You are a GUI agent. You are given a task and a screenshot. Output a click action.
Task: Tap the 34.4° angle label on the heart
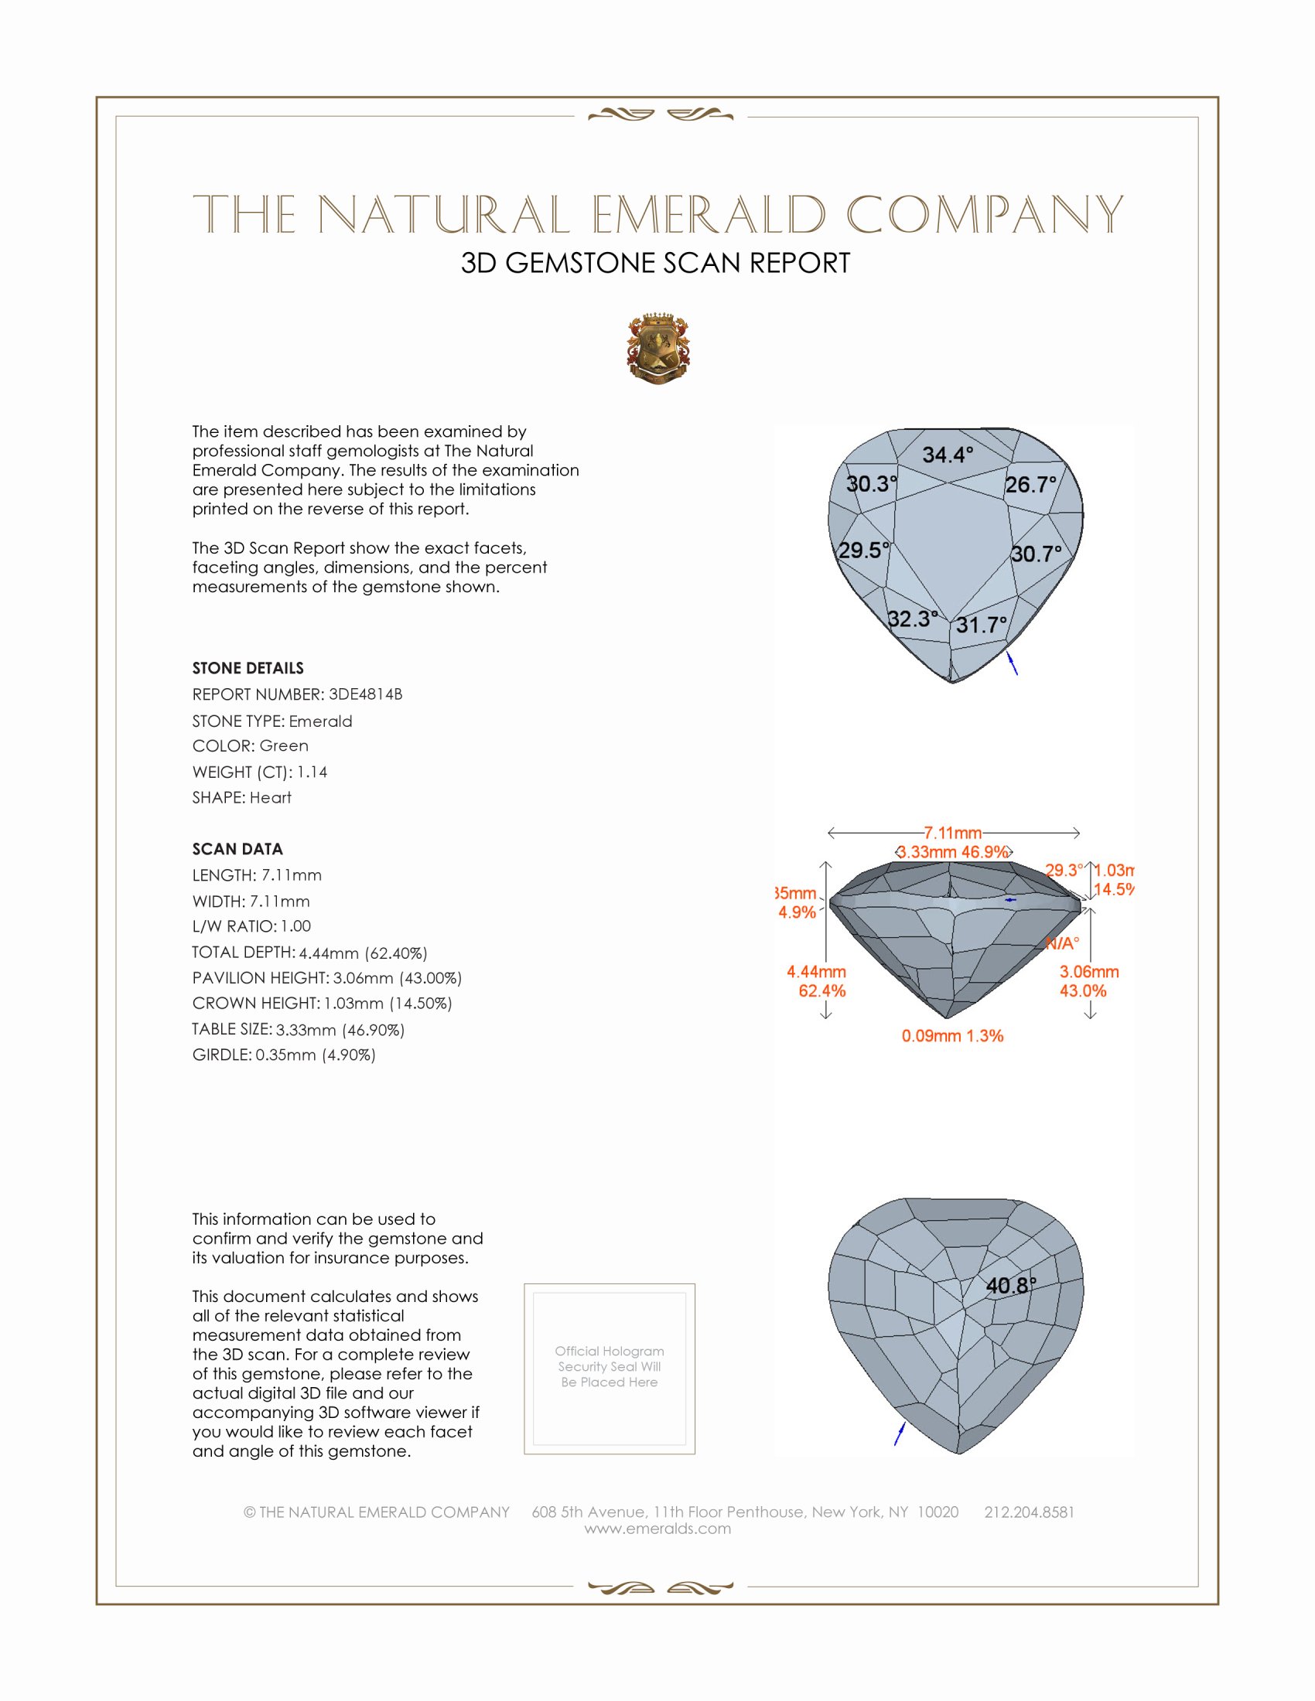pos(948,455)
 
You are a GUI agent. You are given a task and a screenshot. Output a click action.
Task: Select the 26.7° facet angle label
pos(1030,486)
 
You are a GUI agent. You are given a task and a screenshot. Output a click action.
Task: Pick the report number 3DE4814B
pos(365,694)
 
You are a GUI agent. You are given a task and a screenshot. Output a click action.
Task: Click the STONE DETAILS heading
pos(248,668)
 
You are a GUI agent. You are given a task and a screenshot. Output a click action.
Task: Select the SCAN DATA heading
pos(237,849)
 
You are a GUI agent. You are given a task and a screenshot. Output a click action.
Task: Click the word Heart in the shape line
pos(270,798)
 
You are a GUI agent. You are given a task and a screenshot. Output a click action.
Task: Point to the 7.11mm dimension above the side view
pos(952,833)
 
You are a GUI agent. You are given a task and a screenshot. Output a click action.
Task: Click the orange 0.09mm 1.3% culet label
pos(952,1036)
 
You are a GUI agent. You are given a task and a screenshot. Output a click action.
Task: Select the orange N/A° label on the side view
pos(1062,944)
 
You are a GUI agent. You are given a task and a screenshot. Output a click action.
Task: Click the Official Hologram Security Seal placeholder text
pos(610,1366)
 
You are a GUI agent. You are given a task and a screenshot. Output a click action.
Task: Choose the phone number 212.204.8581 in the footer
pos(1029,1512)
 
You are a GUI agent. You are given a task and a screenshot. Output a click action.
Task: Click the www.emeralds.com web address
pos(657,1528)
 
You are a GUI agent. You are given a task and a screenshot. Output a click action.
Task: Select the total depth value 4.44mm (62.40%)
pos(363,953)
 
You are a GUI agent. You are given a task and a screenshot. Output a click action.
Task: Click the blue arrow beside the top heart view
pos(1013,663)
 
